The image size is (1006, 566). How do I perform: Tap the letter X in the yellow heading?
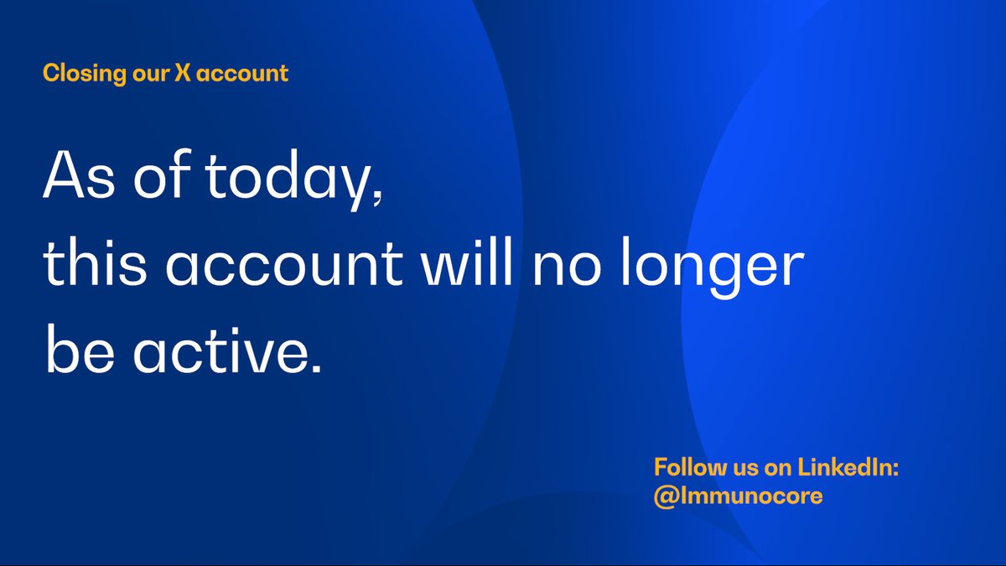[183, 74]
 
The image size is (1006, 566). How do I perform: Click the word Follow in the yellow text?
[686, 468]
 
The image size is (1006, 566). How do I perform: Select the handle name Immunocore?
[749, 496]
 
